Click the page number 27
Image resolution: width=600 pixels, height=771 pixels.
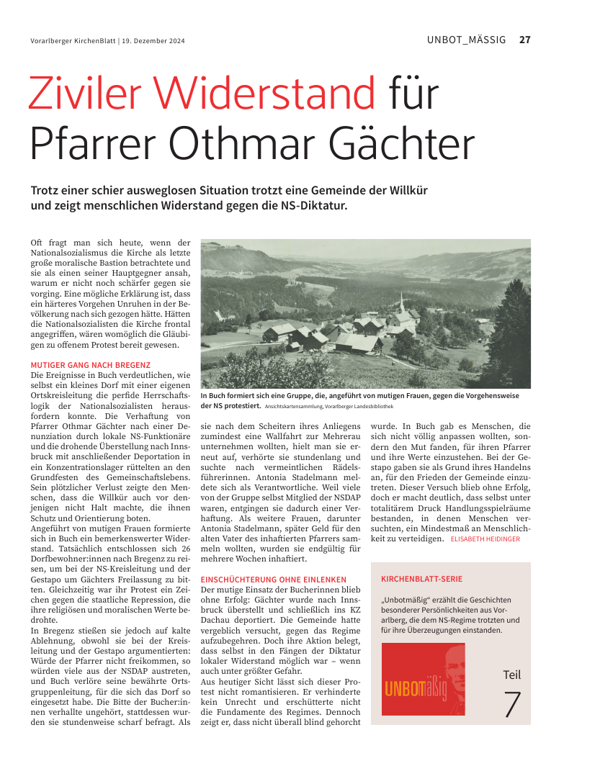pyautogui.click(x=524, y=40)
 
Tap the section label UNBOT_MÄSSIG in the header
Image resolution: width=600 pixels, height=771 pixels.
pyautogui.click(x=467, y=40)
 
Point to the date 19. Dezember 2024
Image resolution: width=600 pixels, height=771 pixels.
pyautogui.click(x=153, y=41)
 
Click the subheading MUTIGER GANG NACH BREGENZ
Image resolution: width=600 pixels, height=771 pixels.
pyautogui.click(x=91, y=366)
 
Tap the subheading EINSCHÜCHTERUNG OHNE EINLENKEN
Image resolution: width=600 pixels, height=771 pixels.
pyautogui.click(x=273, y=579)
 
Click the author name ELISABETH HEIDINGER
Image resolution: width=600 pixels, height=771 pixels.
pyautogui.click(x=485, y=538)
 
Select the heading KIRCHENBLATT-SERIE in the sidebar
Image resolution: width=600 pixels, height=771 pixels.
pyautogui.click(x=421, y=578)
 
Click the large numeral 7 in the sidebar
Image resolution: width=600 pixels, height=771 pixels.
pyautogui.click(x=511, y=704)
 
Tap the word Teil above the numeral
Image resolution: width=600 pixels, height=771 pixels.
pyautogui.click(x=511, y=675)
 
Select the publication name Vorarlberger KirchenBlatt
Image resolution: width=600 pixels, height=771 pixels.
pyautogui.click(x=73, y=41)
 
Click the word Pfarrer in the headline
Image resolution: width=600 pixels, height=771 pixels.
pyautogui.click(x=80, y=145)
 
